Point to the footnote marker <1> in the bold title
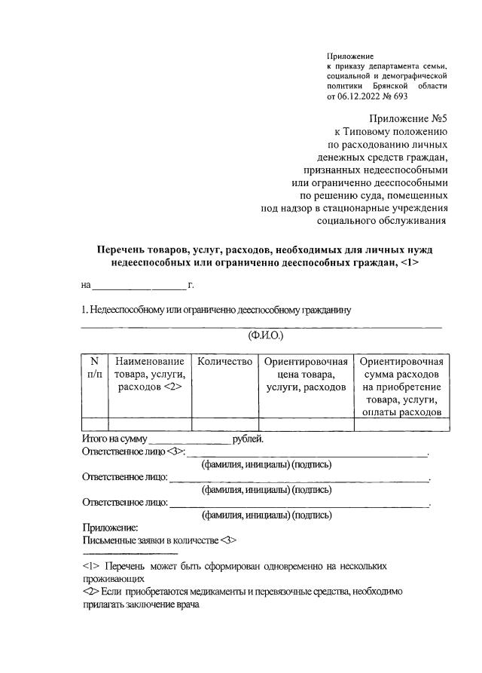(409, 262)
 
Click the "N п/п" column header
(94, 368)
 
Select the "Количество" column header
(224, 362)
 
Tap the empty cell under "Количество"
(224, 424)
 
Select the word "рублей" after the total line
(247, 439)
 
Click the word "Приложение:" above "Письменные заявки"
(109, 529)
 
